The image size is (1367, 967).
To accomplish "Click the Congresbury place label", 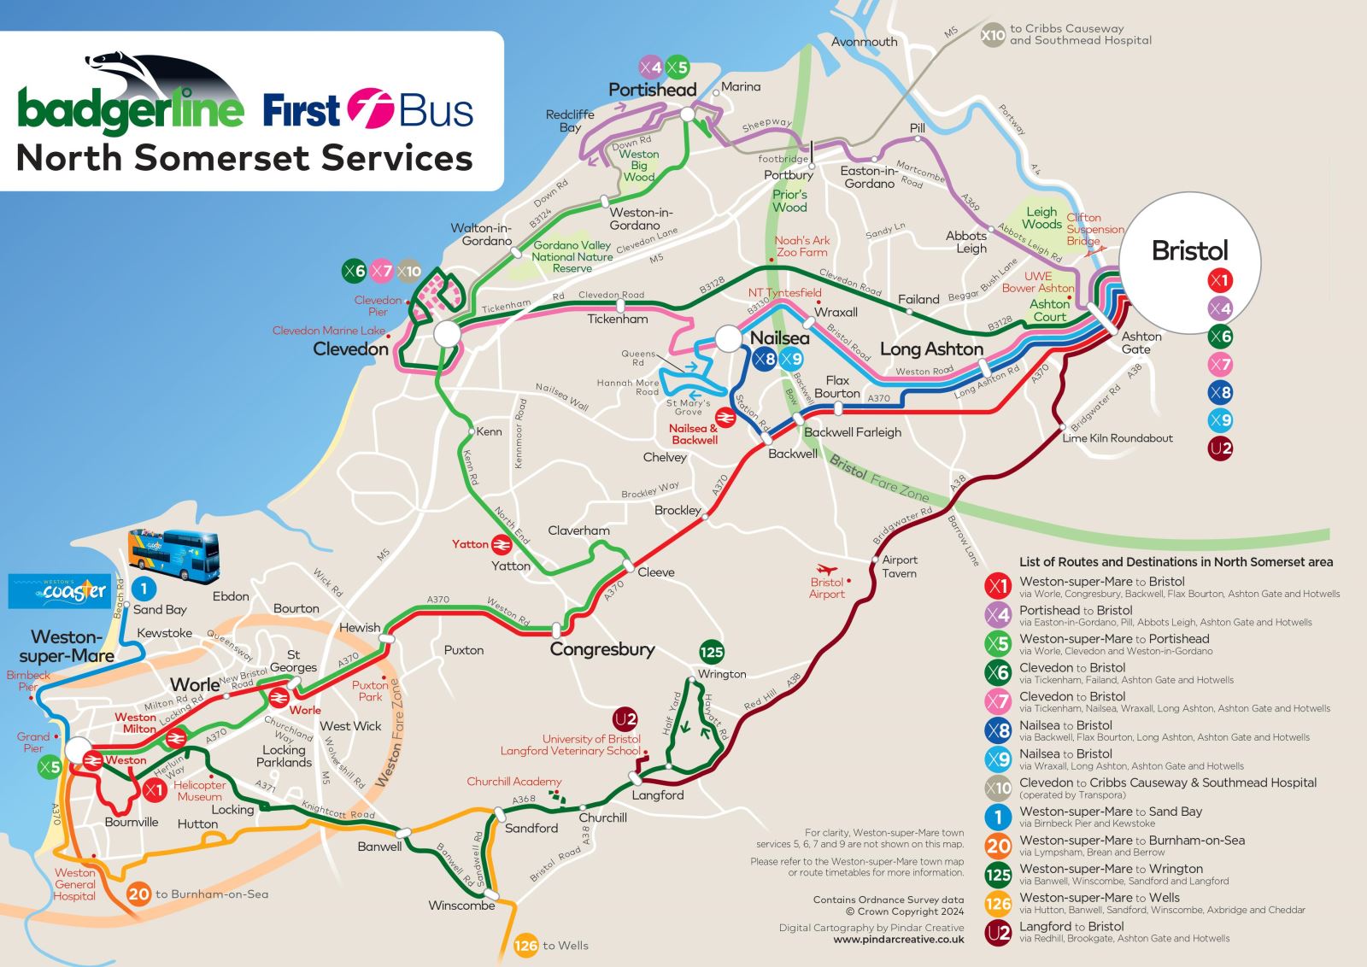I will click(x=601, y=649).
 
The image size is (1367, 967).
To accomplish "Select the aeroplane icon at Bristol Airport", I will click(x=826, y=569).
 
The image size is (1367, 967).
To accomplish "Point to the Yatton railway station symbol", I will click(x=502, y=543).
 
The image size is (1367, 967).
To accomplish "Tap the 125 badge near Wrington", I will click(x=711, y=653).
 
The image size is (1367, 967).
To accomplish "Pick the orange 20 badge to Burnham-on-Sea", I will click(x=138, y=894).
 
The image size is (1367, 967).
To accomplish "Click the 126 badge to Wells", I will click(x=525, y=946).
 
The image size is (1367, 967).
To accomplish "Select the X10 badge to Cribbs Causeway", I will click(x=992, y=35).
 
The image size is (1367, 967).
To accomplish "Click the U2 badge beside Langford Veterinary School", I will click(x=625, y=719).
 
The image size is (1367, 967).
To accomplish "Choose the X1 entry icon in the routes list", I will click(x=998, y=586).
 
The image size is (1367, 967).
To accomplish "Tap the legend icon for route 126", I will click(x=998, y=903).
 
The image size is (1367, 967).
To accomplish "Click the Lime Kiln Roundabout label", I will click(x=1118, y=438).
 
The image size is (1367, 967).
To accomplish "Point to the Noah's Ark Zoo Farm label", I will click(x=802, y=246).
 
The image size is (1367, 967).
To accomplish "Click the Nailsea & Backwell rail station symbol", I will click(x=726, y=417).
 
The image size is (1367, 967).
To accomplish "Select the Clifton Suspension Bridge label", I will click(x=1094, y=229).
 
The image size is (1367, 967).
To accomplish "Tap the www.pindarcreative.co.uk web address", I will click(x=899, y=939).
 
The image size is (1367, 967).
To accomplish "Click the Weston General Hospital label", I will click(x=74, y=884).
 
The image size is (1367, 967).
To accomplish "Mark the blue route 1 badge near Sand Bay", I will click(x=144, y=589).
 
